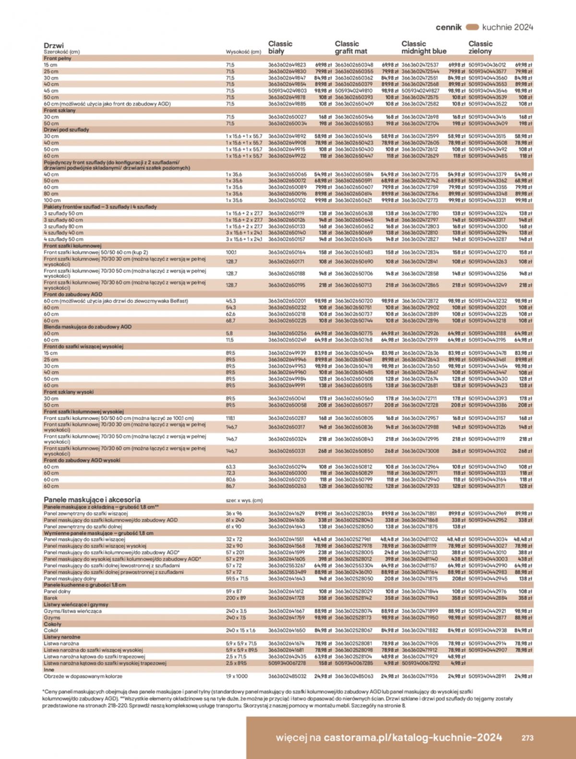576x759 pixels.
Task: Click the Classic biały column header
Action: (280, 47)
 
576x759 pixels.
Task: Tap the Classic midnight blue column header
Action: (424, 47)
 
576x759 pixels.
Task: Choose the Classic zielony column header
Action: (480, 47)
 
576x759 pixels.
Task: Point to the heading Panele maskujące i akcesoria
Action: (92, 499)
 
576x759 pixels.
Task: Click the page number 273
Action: (528, 738)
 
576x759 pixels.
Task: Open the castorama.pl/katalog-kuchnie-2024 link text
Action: (413, 737)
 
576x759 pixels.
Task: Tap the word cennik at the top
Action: (448, 27)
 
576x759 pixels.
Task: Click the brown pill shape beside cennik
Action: (472, 27)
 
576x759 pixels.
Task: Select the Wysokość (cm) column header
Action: (243, 52)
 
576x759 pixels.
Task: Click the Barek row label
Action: (51, 598)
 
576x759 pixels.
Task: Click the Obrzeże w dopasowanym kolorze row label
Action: (83, 676)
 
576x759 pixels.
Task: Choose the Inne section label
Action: (49, 669)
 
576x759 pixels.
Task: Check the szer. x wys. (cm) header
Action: (244, 500)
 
